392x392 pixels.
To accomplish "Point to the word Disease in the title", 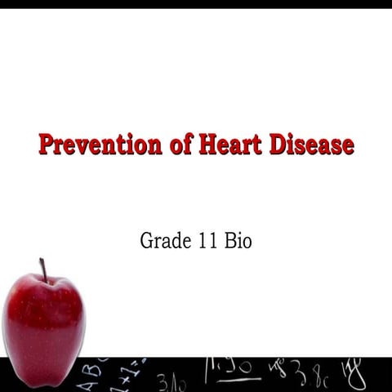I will pyautogui.click(x=308, y=145).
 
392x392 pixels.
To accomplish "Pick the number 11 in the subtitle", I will pyautogui.click(x=207, y=242).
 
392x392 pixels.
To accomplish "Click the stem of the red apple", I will pyautogui.click(x=42, y=270).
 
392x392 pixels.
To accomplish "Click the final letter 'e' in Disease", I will pyautogui.click(x=347, y=146).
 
